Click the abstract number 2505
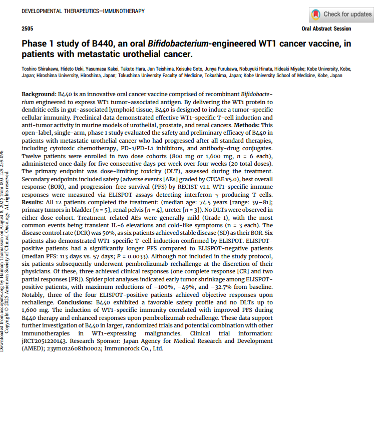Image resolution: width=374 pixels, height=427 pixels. pyautogui.click(x=28, y=29)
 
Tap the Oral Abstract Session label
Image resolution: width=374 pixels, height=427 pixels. pyautogui.click(x=326, y=29)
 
